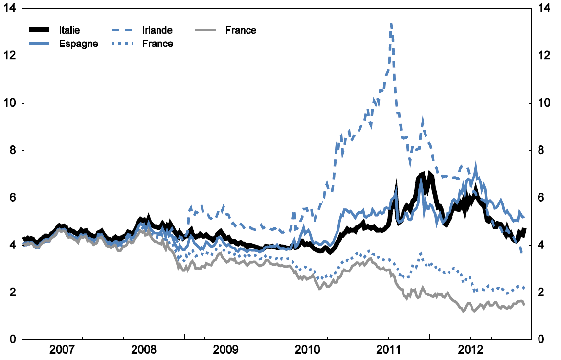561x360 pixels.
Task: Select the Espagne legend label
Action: coord(78,44)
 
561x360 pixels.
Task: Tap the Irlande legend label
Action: coord(157,30)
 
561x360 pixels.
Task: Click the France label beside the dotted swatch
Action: coord(157,44)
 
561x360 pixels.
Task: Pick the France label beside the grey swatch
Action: coord(241,30)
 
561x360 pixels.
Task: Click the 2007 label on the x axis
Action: coord(62,351)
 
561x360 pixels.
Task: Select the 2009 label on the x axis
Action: coord(225,351)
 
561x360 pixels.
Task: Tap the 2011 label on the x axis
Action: coord(388,351)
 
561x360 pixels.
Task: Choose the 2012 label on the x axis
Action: coord(470,351)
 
